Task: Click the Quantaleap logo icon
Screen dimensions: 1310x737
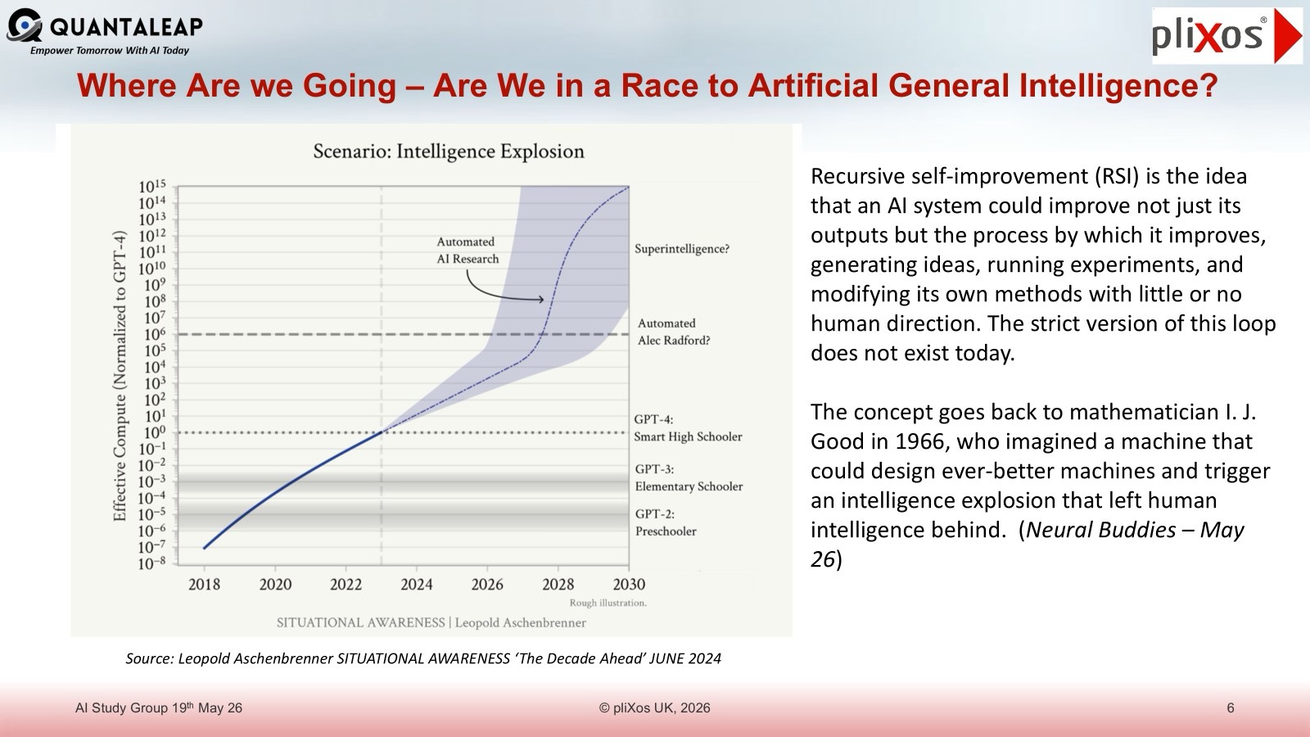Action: [24, 25]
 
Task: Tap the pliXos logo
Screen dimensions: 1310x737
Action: [1227, 36]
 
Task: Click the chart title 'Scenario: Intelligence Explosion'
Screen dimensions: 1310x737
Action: [449, 151]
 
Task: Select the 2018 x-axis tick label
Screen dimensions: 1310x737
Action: [204, 584]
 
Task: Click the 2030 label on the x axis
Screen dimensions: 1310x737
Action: [629, 584]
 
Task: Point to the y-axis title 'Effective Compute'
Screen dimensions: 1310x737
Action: [120, 376]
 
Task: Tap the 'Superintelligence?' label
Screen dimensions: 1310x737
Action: [682, 249]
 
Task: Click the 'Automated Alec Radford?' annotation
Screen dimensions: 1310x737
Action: [674, 332]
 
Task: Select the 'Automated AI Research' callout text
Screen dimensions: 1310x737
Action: [468, 251]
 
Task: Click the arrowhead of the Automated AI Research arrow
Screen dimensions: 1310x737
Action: [541, 300]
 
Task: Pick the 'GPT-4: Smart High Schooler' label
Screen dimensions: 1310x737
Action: [688, 427]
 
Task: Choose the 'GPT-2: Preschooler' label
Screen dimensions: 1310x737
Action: [666, 522]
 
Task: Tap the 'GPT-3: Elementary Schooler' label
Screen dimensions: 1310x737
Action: [689, 477]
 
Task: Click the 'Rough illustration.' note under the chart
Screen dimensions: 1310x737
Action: [608, 603]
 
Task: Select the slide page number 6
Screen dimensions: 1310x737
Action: [1231, 708]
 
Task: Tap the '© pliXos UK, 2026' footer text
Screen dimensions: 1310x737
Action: [654, 708]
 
